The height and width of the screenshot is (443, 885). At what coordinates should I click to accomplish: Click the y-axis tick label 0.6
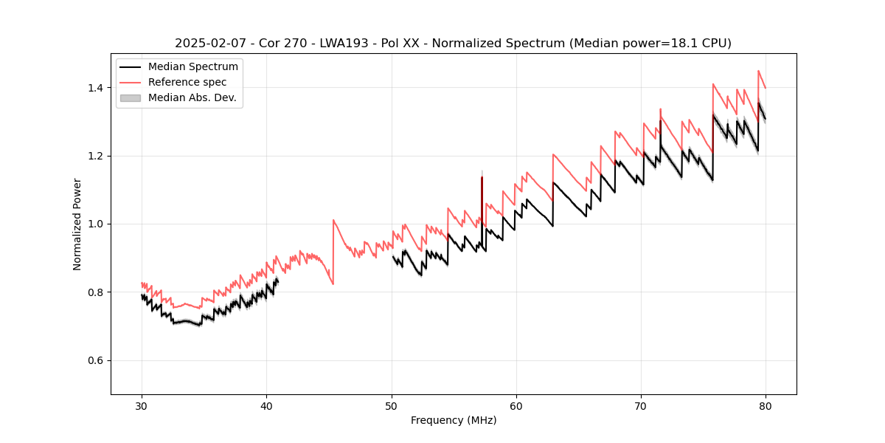pos(96,360)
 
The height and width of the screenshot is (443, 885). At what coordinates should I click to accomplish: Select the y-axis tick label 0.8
pos(96,292)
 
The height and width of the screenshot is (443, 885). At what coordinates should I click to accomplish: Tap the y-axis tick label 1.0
pos(96,224)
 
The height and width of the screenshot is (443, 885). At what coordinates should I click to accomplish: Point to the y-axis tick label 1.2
pos(96,156)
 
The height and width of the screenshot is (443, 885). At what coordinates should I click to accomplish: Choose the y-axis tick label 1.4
pos(96,88)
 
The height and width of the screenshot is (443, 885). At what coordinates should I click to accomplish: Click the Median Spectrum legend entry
pos(192,67)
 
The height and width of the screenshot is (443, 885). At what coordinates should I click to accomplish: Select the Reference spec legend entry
pos(187,82)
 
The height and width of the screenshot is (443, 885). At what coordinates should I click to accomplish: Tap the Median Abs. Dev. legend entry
pos(192,97)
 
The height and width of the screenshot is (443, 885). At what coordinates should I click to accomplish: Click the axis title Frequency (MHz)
pos(454,420)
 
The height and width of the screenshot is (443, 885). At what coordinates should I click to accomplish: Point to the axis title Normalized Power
pos(77,224)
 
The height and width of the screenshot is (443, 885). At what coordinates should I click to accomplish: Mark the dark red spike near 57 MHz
pos(482,196)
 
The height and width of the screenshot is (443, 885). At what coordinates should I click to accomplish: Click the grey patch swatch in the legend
pos(130,97)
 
